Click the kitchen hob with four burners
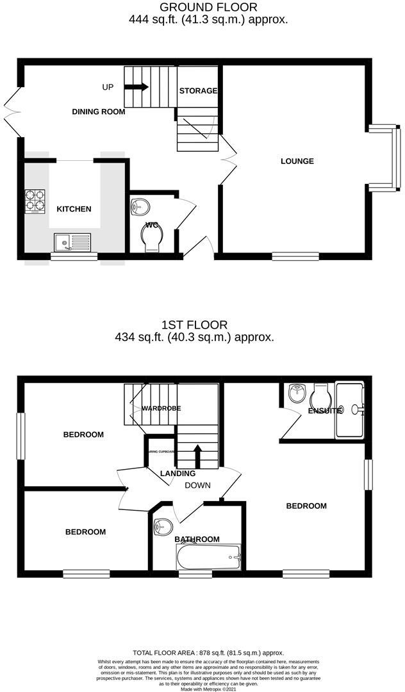click(x=36, y=201)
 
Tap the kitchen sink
click(x=72, y=242)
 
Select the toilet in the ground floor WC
click(x=152, y=238)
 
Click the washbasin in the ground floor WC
click(x=140, y=206)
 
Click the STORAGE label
click(x=198, y=91)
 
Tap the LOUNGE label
click(x=297, y=161)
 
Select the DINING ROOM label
click(x=98, y=111)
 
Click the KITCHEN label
click(x=74, y=209)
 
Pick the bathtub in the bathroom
click(x=208, y=557)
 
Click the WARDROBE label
click(x=161, y=408)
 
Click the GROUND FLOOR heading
click(x=208, y=8)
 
